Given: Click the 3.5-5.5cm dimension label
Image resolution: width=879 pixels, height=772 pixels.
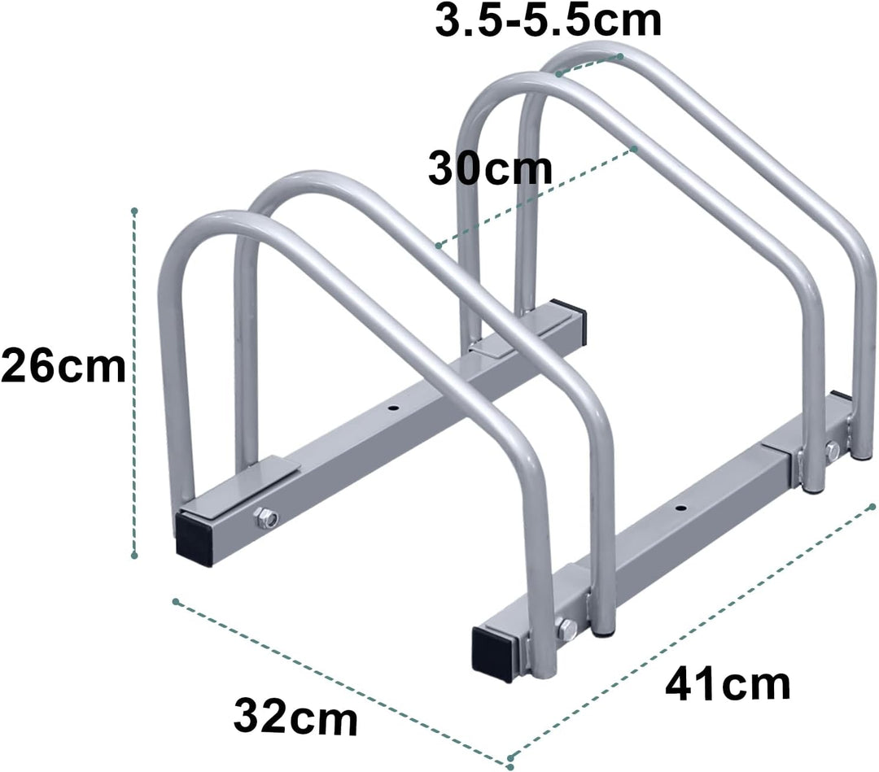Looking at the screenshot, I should coord(548,20).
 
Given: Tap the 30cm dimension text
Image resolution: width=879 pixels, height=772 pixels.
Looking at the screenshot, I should coord(490,170).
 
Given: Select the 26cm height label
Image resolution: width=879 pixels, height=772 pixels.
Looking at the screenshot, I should coord(63,367).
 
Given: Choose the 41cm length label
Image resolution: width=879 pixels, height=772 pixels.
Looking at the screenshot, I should coord(728,685).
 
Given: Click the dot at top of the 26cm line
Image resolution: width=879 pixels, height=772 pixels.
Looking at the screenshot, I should coord(134,212).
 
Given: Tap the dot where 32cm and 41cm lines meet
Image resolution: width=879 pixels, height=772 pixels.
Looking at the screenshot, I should coord(509,765).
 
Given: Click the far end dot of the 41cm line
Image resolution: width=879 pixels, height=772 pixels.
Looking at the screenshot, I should coord(872,506).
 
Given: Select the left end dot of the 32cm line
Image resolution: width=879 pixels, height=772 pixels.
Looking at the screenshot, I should coord(175,601).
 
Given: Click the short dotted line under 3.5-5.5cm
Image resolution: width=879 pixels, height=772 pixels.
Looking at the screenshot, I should coord(589,65).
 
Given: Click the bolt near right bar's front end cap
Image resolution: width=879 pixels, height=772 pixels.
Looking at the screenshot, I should coord(565,626).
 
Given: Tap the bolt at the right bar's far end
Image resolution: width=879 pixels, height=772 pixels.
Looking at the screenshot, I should coord(832,449).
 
